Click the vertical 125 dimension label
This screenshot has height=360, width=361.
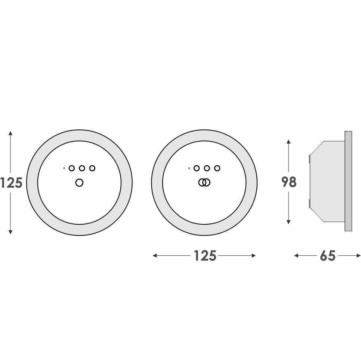click(x=11, y=183)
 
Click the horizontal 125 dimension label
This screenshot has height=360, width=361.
click(x=205, y=256)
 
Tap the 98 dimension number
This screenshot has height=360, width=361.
click(x=289, y=182)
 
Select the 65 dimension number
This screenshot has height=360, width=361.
click(x=328, y=256)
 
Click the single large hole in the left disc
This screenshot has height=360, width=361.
click(x=79, y=183)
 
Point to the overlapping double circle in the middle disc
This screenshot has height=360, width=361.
click(x=204, y=183)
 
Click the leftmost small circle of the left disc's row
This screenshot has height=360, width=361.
click(x=72, y=168)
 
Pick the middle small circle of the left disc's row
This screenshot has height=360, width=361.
click(x=82, y=168)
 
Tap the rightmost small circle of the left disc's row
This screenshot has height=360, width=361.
click(x=92, y=168)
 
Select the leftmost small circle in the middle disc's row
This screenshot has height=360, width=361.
click(x=197, y=168)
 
